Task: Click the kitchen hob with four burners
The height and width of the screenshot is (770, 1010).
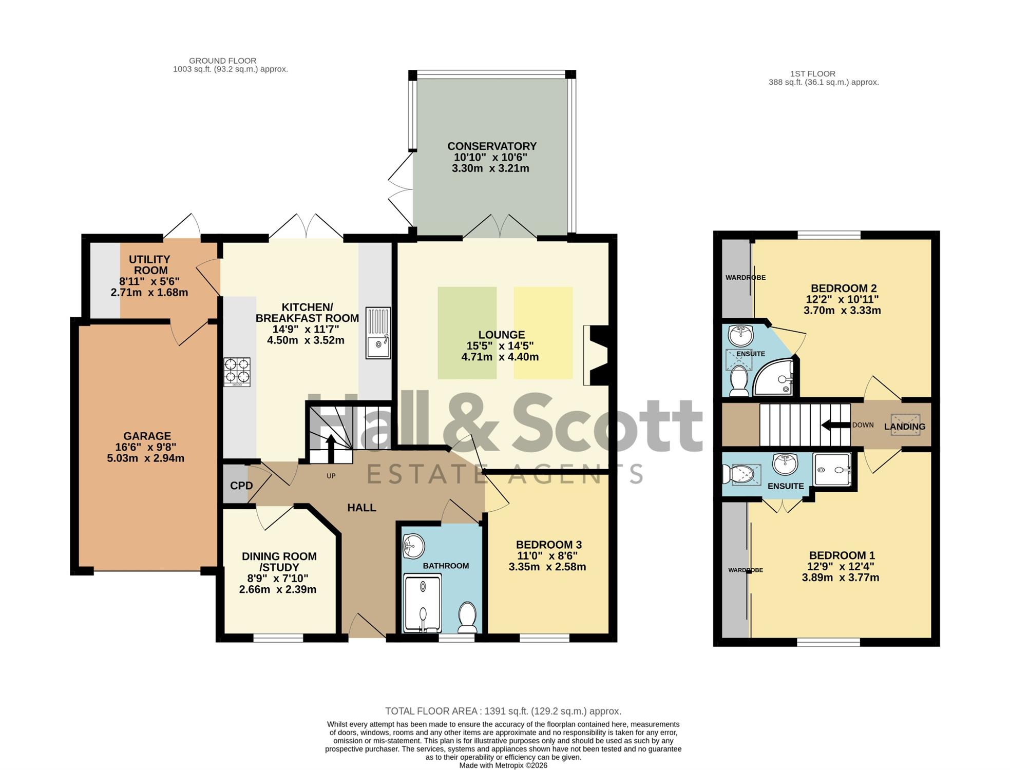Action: pyautogui.click(x=237, y=372)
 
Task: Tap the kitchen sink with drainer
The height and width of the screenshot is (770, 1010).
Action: pyautogui.click(x=378, y=333)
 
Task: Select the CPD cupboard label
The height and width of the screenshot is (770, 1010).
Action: pyautogui.click(x=241, y=486)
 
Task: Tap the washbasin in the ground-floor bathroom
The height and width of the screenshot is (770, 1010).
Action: pyautogui.click(x=413, y=546)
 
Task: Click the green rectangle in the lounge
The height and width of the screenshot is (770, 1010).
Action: pyautogui.click(x=467, y=333)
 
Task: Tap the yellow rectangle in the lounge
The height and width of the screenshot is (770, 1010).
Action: pyautogui.click(x=543, y=333)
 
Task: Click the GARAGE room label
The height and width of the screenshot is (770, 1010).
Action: pyautogui.click(x=147, y=436)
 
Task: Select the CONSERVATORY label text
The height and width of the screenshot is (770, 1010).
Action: pyautogui.click(x=492, y=146)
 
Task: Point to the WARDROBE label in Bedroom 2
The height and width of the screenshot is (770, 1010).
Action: pyautogui.click(x=746, y=278)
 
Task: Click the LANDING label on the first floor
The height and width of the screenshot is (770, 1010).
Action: pyautogui.click(x=905, y=427)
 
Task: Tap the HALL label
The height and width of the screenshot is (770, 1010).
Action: pyautogui.click(x=361, y=508)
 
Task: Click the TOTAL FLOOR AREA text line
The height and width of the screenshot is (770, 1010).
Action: pyautogui.click(x=503, y=711)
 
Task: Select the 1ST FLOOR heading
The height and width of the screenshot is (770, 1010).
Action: pyautogui.click(x=813, y=74)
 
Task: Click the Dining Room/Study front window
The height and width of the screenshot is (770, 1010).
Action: pyautogui.click(x=278, y=638)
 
